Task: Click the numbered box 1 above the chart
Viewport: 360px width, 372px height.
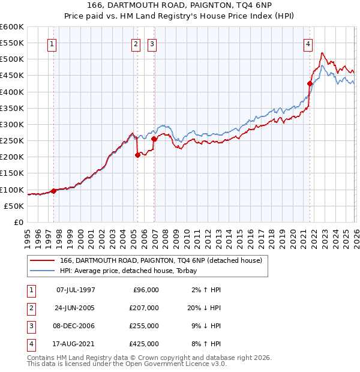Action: click(x=52, y=44)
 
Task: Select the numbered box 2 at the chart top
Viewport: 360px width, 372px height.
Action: click(x=136, y=44)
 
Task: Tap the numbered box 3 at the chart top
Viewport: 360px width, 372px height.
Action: click(x=152, y=44)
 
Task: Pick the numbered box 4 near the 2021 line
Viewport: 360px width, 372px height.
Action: click(x=307, y=44)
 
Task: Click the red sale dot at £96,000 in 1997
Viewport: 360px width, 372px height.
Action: click(x=53, y=191)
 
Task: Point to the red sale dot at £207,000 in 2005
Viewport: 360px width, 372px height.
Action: click(x=137, y=155)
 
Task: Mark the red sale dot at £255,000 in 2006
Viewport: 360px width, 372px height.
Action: click(x=154, y=139)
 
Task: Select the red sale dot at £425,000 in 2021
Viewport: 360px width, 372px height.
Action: click(x=310, y=83)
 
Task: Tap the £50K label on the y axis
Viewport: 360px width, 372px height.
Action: click(x=14, y=206)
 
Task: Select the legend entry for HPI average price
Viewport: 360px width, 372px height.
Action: click(x=132, y=271)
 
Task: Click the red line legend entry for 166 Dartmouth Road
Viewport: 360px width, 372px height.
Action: click(x=161, y=261)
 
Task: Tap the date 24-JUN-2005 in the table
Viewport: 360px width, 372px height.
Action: click(x=76, y=308)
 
